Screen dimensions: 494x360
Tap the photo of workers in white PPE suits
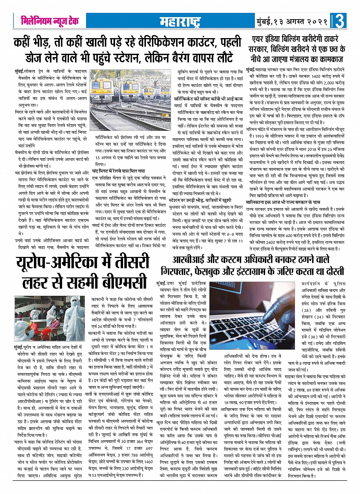click(x=50, y=318)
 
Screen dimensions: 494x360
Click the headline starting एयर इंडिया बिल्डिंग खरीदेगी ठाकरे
click(x=297, y=49)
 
